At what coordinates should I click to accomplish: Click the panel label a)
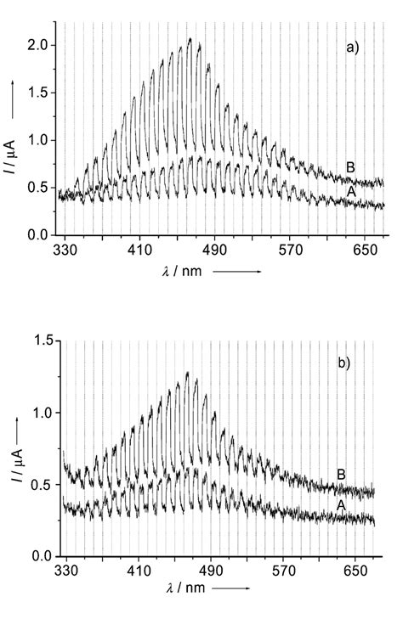coord(353,49)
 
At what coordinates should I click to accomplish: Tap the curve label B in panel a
coord(349,167)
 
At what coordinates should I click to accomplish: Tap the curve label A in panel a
coord(349,192)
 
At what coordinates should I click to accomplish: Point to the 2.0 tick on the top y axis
coord(40,44)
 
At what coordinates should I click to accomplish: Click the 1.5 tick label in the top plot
coord(40,93)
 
